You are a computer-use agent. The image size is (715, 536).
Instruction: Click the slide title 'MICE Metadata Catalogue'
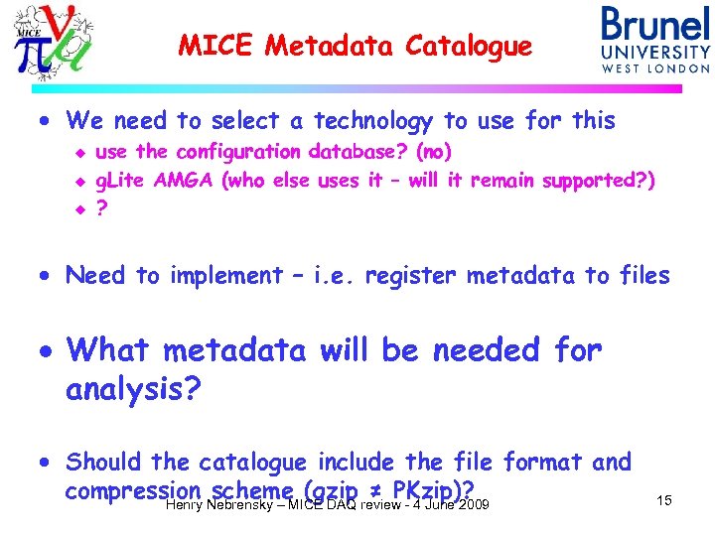point(355,46)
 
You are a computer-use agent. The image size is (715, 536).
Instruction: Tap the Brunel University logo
point(654,40)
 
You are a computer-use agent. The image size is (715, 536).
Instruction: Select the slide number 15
point(663,500)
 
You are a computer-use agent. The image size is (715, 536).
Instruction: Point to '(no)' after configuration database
point(434,152)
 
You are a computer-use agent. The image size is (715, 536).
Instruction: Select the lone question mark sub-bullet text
point(100,209)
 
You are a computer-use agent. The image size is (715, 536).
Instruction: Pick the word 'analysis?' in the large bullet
point(133,390)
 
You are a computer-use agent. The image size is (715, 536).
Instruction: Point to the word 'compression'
point(133,490)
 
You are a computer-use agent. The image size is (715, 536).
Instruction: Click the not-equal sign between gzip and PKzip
point(376,491)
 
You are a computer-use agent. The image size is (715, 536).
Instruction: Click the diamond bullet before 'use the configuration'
point(81,153)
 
